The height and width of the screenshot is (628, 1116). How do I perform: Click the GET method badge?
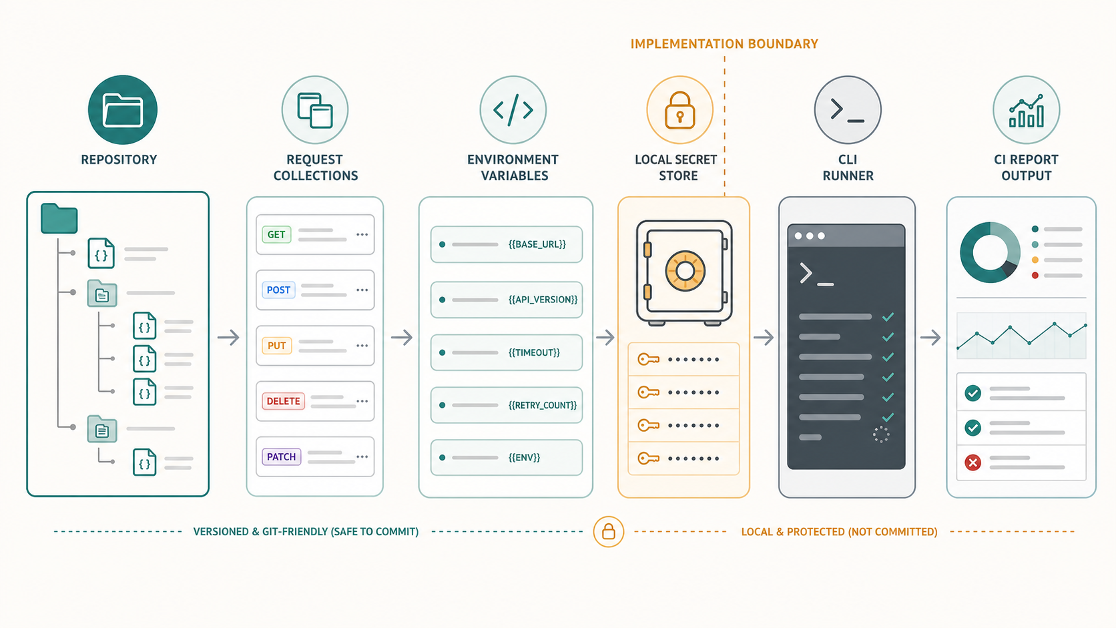click(x=276, y=234)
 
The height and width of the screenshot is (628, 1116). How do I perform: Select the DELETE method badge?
click(x=283, y=401)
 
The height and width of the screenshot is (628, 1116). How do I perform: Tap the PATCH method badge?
click(x=282, y=456)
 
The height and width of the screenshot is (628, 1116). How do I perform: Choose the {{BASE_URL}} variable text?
click(x=537, y=244)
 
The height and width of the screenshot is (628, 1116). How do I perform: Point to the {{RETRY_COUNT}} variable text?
click(x=543, y=405)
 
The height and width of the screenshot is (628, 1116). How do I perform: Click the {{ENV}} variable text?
click(x=524, y=457)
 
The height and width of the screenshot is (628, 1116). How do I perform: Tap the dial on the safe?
click(x=685, y=271)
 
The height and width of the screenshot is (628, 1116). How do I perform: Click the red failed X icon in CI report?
click(x=972, y=462)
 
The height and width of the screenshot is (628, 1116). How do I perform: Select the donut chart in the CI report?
click(x=990, y=252)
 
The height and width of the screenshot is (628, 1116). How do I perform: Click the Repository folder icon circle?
click(x=123, y=109)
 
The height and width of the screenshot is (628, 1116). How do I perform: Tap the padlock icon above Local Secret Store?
click(x=679, y=110)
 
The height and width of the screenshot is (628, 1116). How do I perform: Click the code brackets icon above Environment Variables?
click(x=513, y=109)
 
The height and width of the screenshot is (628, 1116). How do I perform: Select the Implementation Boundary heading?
click(x=724, y=44)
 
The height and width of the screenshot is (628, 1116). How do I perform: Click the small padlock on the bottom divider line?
click(x=608, y=531)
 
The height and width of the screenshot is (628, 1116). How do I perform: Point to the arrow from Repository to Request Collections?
click(x=228, y=337)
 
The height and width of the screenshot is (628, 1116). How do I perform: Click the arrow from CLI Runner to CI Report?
click(x=930, y=337)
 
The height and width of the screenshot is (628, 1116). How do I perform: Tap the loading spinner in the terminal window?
click(x=881, y=434)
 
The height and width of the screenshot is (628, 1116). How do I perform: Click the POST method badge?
click(x=278, y=290)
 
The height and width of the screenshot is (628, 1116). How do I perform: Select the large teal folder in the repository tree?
click(x=59, y=218)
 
